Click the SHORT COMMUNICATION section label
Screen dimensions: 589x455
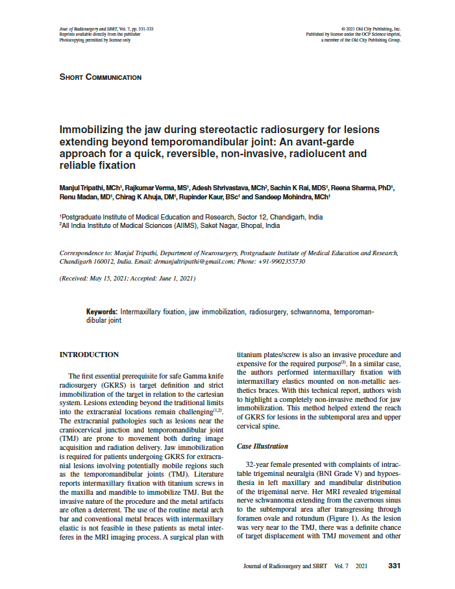click(x=100, y=77)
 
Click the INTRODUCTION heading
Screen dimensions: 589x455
click(x=89, y=355)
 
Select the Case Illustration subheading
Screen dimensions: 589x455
click(x=262, y=447)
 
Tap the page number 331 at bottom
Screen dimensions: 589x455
click(x=394, y=566)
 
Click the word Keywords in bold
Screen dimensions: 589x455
click(x=102, y=312)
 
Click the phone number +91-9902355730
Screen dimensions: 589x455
click(x=280, y=261)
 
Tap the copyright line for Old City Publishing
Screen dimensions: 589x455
click(x=371, y=29)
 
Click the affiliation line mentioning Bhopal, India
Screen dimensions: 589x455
click(x=169, y=226)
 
